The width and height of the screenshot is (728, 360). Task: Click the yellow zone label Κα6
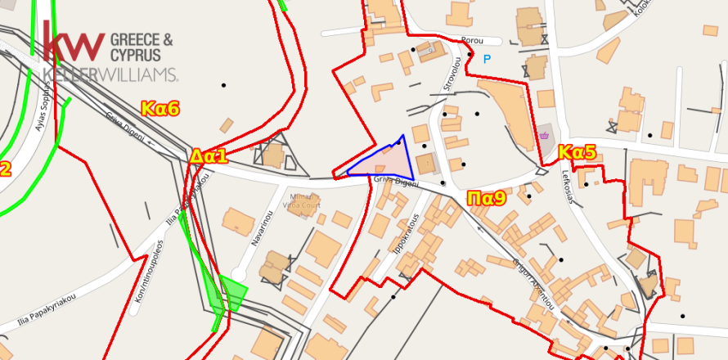pos(160,108)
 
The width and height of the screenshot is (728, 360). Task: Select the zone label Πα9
pos(487,197)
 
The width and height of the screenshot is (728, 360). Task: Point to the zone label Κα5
pos(577,152)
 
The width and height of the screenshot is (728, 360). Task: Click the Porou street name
pos(473,40)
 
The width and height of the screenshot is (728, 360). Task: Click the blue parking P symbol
pos(488,59)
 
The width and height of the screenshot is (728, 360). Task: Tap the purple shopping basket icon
pos(544,136)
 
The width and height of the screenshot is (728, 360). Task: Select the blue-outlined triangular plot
pos(388,161)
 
